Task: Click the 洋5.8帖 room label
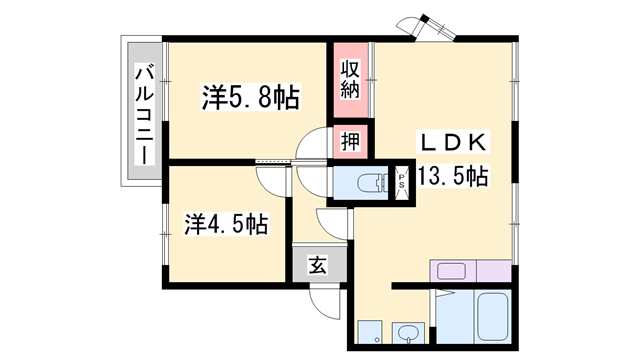pos(251,98)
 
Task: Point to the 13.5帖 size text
pos(453,177)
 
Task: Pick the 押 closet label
pos(349,140)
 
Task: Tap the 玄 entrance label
pos(316,265)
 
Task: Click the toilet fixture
pos(371,183)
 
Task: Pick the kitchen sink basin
pos(447,271)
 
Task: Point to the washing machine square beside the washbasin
pos(368,333)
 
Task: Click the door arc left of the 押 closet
pos(313,145)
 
